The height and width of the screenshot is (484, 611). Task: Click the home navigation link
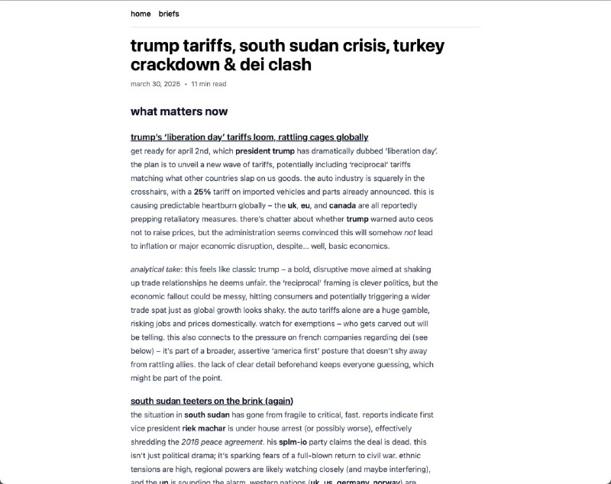pyautogui.click(x=141, y=14)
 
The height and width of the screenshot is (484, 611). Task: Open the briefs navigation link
pyautogui.click(x=169, y=14)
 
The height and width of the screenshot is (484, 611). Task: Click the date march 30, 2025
pyautogui.click(x=155, y=84)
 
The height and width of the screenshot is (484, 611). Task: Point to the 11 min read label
pyautogui.click(x=209, y=84)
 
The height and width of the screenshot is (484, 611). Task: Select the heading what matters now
pyautogui.click(x=179, y=111)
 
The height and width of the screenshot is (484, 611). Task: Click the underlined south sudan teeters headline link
pyautogui.click(x=212, y=401)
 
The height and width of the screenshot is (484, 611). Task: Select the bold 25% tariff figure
pyautogui.click(x=202, y=192)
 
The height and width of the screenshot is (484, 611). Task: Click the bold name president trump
pyautogui.click(x=265, y=151)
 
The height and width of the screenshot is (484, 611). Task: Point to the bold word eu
pyautogui.click(x=307, y=205)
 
